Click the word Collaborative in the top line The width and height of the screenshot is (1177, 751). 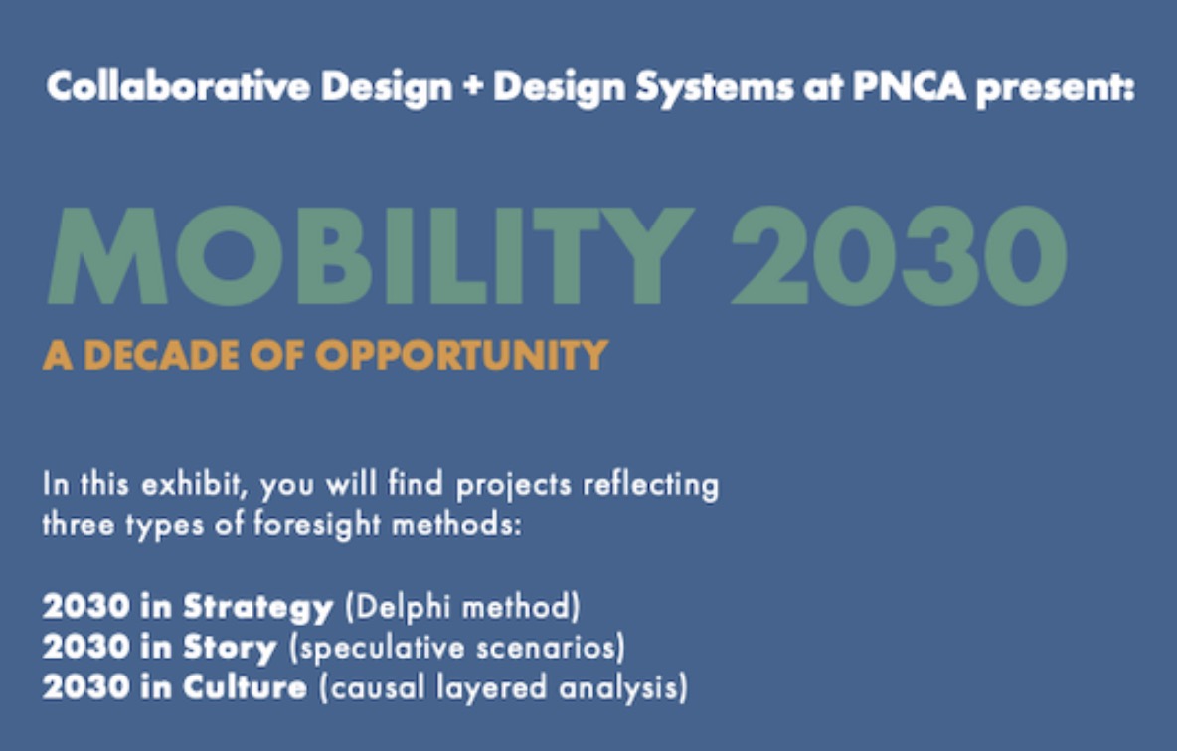(178, 86)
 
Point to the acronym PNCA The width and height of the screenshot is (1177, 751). (909, 86)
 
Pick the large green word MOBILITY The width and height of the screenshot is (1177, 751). (370, 255)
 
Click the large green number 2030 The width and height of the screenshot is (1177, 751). (900, 255)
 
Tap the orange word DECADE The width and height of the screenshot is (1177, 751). (161, 355)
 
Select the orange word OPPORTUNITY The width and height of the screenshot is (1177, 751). (461, 355)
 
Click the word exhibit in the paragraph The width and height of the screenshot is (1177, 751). (195, 484)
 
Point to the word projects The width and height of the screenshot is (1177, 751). (514, 486)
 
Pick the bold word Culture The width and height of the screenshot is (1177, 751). (245, 687)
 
